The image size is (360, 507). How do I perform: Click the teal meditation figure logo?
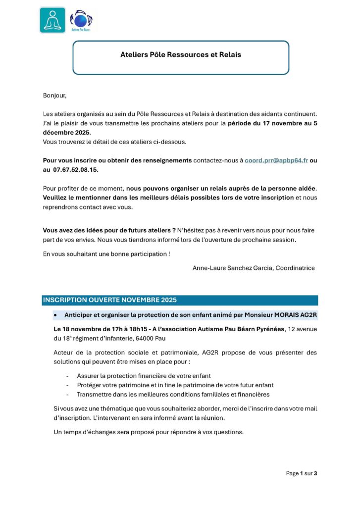tap(52, 20)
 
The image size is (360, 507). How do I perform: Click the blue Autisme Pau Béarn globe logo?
tap(81, 20)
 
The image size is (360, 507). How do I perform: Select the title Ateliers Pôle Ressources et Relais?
tap(181, 55)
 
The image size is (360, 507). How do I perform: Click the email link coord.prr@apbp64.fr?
tap(276, 160)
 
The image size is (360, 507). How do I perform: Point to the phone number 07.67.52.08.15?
tap(77, 169)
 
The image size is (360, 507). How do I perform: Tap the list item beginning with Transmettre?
tap(174, 395)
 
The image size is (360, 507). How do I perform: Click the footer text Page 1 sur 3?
tap(301, 473)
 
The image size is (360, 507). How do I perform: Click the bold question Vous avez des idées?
tap(109, 231)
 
